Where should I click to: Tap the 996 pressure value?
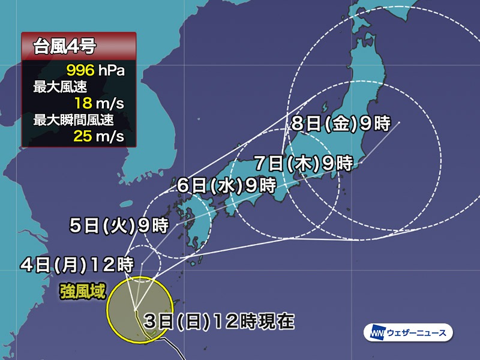click(85, 72)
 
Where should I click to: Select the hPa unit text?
click(113, 72)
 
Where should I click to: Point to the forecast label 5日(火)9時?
click(118, 226)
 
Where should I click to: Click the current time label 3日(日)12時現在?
click(219, 322)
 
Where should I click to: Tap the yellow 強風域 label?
click(82, 292)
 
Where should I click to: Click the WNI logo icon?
click(376, 332)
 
